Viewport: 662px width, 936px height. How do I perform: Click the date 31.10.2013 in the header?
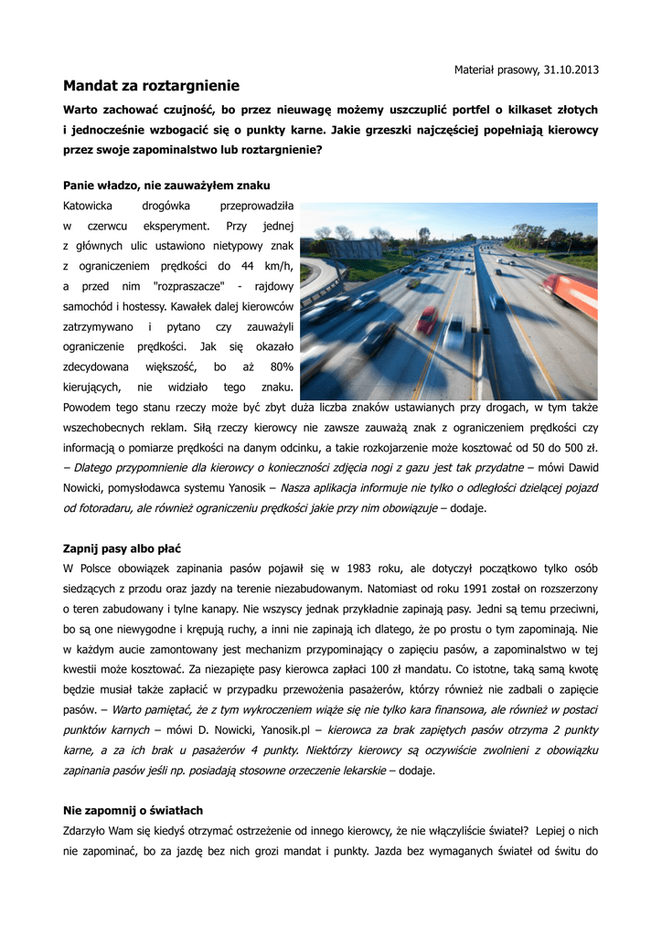pos(571,69)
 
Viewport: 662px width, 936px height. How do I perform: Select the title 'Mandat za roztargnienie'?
pos(151,86)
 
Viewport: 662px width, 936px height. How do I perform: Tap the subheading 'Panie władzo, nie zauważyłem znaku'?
pos(166,185)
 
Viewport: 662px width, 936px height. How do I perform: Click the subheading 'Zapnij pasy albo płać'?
pos(122,548)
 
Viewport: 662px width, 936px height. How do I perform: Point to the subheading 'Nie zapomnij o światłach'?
pos(133,810)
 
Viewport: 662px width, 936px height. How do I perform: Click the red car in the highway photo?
pos(427,320)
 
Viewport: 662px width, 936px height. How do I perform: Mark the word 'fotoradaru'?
pos(99,507)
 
